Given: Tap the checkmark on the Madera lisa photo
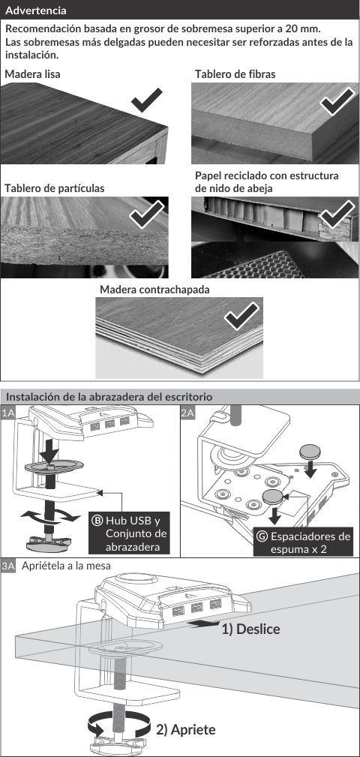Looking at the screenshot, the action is [x=147, y=101].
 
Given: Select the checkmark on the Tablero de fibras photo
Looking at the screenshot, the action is [x=337, y=101].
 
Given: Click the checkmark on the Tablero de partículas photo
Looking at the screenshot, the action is [x=147, y=215].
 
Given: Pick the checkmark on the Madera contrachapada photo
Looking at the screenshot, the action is [x=241, y=316].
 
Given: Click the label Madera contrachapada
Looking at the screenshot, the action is [x=154, y=290].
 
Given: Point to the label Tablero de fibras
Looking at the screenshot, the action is [x=235, y=74].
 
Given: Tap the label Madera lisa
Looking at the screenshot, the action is [x=32, y=74].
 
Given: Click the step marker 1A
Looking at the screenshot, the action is [x=8, y=413].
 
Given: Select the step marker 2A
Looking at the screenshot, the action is [x=187, y=413].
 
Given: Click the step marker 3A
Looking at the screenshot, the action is [x=8, y=566].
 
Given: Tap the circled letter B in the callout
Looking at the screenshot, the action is [x=97, y=521].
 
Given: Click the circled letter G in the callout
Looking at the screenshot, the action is [x=262, y=536].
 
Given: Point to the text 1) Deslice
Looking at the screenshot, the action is [x=250, y=629].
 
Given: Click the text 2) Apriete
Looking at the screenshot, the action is [x=186, y=729].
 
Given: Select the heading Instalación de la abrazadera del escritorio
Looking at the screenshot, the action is [x=109, y=397].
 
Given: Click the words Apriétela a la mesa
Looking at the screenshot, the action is [x=67, y=566].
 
